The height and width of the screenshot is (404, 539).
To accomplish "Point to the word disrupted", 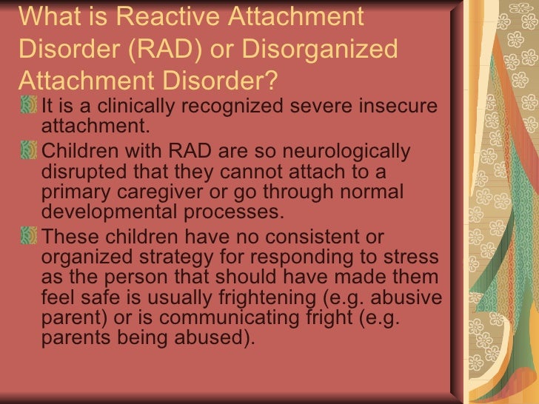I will point(80,173).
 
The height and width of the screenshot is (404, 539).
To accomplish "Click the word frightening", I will point(318,300).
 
